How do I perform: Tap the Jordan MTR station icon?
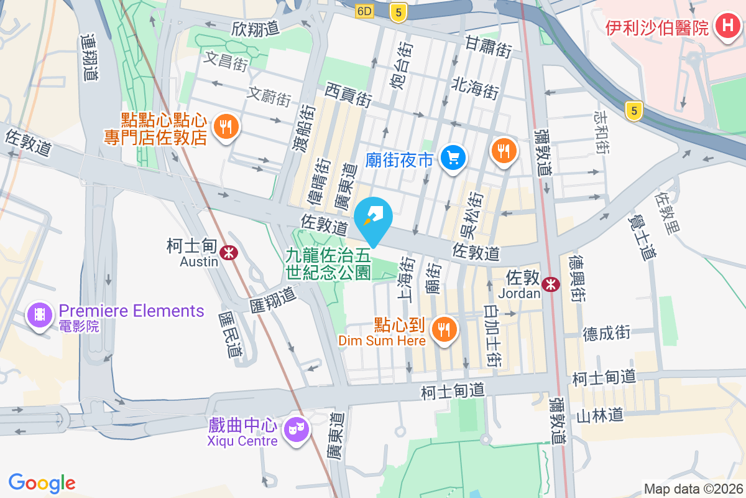point(550,284)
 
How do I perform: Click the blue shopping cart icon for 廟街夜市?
point(453,158)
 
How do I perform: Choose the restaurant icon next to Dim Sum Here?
point(444,328)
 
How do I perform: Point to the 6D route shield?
point(364,11)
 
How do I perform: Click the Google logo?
point(42,482)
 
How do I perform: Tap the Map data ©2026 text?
point(693,489)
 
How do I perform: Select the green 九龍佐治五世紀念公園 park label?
point(328,263)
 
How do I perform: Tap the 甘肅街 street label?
point(489,47)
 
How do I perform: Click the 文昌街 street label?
point(226,62)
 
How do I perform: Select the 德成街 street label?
point(606,333)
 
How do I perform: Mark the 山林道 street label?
point(599,414)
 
